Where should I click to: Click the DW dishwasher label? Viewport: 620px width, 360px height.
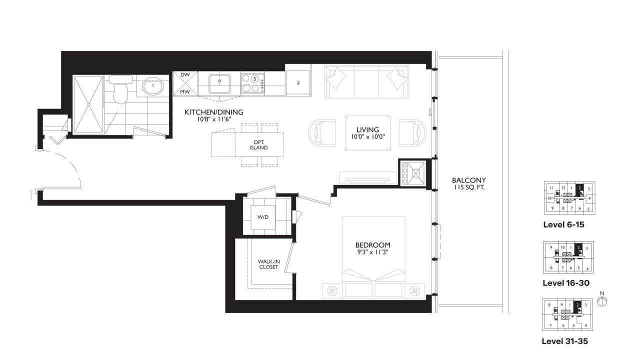185,75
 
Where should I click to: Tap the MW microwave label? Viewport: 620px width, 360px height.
185,92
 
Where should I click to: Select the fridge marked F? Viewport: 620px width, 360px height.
298,83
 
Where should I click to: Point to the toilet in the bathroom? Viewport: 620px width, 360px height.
120,90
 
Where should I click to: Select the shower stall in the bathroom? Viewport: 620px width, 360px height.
88,104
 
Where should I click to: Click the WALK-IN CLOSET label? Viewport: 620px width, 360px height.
268,264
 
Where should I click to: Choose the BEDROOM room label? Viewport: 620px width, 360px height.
372,245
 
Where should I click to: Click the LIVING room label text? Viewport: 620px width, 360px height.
367,130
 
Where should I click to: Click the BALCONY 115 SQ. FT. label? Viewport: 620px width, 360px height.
468,184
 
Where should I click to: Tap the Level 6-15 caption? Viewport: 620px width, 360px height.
563,224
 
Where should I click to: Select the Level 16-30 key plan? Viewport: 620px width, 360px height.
567,257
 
